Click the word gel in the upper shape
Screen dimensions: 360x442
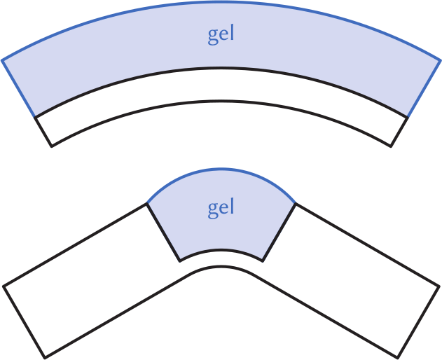221,35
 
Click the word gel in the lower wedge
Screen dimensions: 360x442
221,208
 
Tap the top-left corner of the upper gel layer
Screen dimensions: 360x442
3,60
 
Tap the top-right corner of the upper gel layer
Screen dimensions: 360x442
439,60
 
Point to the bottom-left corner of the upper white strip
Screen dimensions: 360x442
52,146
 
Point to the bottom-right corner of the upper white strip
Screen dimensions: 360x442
391,146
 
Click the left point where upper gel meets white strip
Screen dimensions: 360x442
35,116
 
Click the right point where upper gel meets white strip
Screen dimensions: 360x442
408,116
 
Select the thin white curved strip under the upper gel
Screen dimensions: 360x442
221,86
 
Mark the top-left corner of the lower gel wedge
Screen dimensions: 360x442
147,204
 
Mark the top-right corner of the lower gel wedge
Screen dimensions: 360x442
295,204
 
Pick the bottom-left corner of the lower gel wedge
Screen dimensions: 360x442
180,261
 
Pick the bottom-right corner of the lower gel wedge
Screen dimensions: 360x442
263,261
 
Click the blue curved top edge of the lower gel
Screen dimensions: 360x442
221,169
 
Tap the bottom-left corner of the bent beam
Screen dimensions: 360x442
45,357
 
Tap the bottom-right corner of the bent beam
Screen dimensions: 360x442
398,357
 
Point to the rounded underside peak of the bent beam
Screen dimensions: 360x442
221,267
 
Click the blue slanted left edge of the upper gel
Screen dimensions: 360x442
19,88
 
